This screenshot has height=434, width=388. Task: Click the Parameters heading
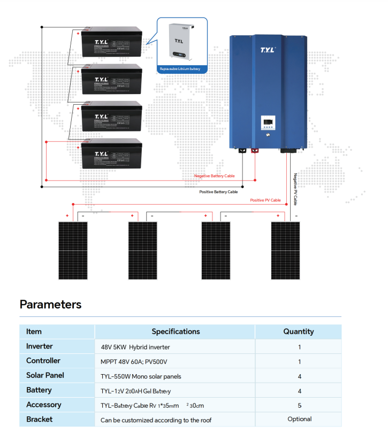coord(50,305)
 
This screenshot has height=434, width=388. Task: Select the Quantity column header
coord(298,331)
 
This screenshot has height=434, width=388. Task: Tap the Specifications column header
coord(176,331)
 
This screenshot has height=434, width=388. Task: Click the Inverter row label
coord(40,346)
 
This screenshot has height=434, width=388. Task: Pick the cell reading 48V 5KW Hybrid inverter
coord(135,347)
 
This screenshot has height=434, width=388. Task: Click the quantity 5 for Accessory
coord(299,405)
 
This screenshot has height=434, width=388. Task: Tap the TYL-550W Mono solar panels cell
coord(141,376)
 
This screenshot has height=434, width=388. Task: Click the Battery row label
coord(39,390)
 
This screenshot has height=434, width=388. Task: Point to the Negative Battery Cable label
coord(214,176)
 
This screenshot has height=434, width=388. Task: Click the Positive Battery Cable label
coord(218,191)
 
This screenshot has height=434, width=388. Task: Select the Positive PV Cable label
coord(265,200)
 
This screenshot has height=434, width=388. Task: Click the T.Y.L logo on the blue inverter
coord(267,50)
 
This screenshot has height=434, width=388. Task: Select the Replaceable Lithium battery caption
coord(180,69)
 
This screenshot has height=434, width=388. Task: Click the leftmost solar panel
coord(73,250)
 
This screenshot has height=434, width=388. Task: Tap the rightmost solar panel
coord(285,250)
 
